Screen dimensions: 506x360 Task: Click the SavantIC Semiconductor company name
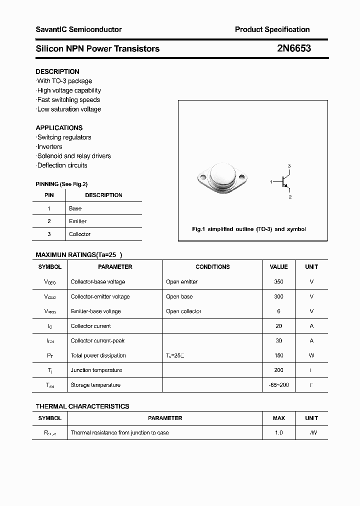click(78, 29)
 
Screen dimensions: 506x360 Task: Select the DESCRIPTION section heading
click(57, 71)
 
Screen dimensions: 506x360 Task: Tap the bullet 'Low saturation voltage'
click(69, 109)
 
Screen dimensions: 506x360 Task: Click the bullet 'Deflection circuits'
click(62, 165)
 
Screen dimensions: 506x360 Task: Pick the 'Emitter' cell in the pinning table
click(77, 221)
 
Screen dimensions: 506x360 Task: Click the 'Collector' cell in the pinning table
click(79, 234)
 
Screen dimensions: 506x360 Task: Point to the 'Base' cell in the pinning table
click(75, 208)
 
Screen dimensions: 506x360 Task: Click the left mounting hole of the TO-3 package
click(203, 176)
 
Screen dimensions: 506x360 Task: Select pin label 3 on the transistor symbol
click(289, 165)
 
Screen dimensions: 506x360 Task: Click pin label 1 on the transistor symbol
click(271, 182)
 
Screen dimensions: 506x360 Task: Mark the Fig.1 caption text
click(249, 229)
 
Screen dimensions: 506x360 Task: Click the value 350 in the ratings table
click(278, 281)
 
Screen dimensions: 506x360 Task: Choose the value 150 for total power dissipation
click(278, 355)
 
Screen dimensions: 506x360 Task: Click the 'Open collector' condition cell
click(183, 311)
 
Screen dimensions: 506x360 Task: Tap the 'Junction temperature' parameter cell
click(96, 370)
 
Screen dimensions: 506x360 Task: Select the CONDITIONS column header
click(212, 267)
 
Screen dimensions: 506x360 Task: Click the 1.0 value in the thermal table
click(278, 432)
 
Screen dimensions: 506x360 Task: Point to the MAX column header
click(278, 418)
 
